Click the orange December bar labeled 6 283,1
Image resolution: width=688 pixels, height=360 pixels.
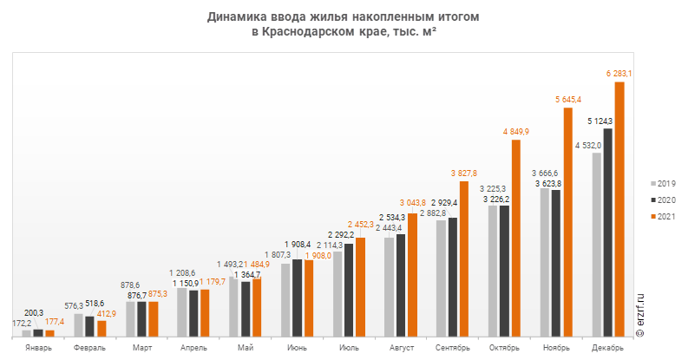[x=619, y=208]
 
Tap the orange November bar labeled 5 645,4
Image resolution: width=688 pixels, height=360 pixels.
[x=567, y=221]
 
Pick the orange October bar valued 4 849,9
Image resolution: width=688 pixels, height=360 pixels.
[x=515, y=238]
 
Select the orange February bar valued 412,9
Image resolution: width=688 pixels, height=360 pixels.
[x=102, y=328]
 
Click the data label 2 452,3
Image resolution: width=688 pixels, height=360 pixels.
[x=360, y=225]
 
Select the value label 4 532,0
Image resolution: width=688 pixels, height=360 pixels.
[x=588, y=145]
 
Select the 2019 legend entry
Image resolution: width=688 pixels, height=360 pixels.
[x=664, y=184]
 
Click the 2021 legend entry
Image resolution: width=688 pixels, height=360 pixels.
[x=664, y=215]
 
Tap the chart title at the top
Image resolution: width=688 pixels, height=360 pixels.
[x=344, y=23]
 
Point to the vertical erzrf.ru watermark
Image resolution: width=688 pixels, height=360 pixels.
[x=641, y=316]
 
